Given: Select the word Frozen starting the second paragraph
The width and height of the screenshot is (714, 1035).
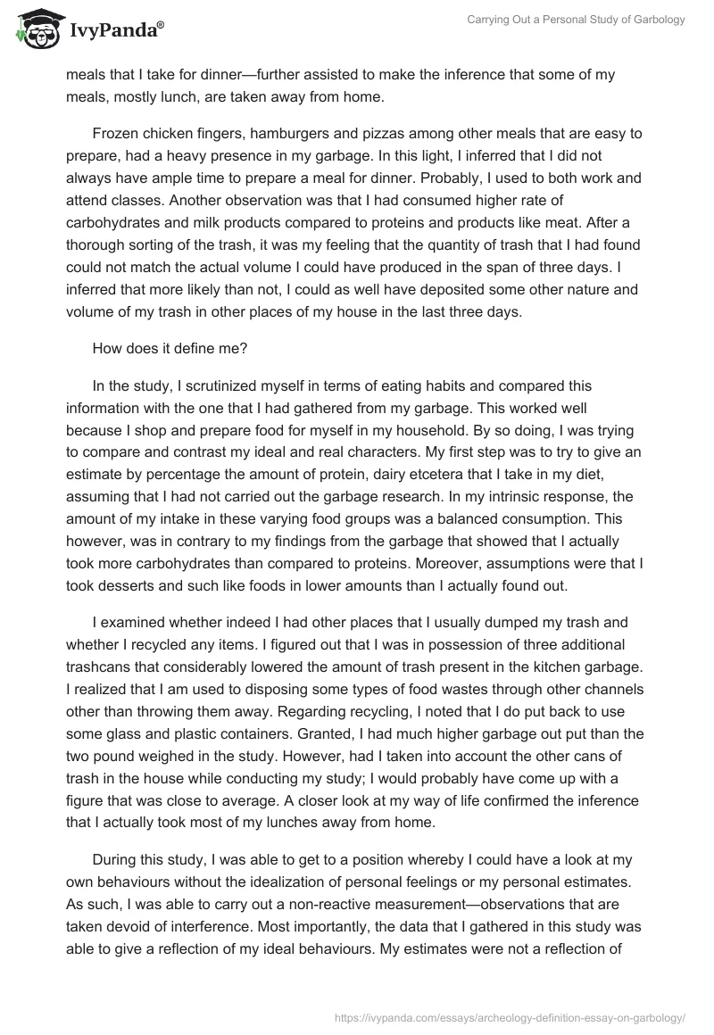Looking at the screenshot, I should pos(115,134).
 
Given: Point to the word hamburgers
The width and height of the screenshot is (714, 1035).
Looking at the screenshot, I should pos(295,134).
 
